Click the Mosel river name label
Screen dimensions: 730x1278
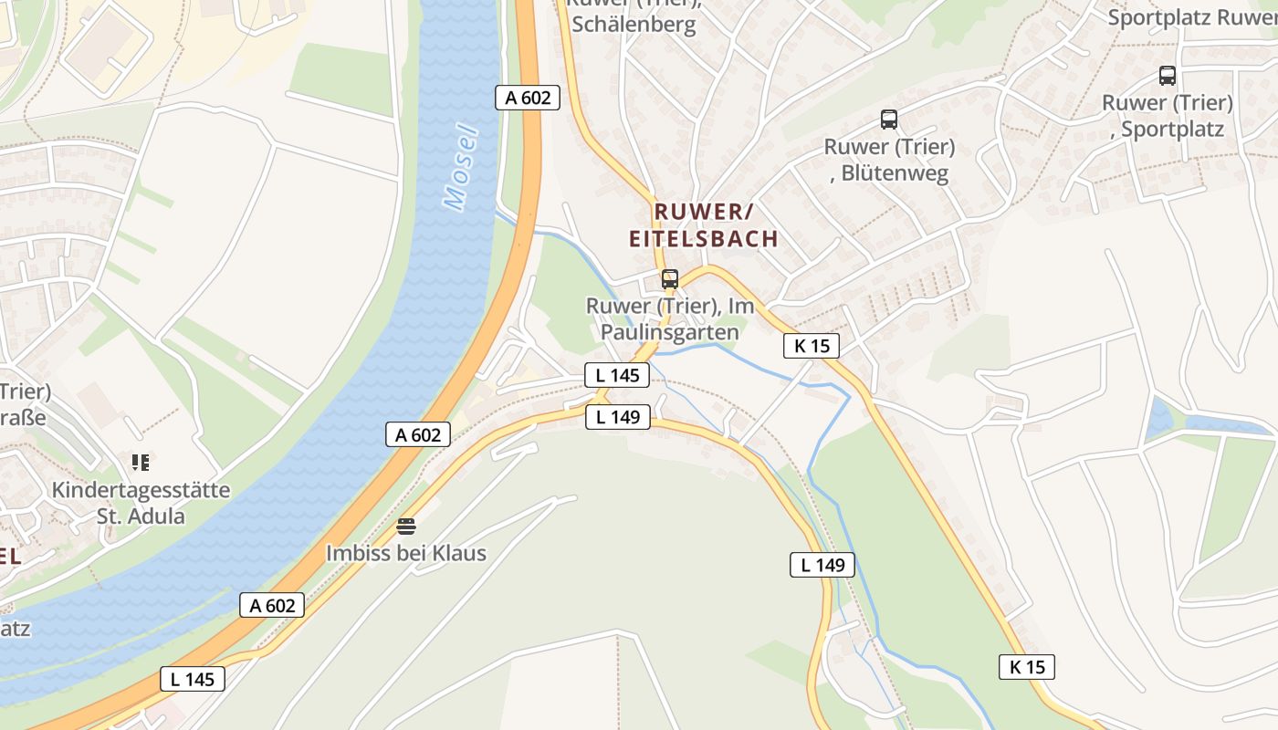tap(464, 167)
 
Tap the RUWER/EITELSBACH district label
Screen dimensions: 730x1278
tap(703, 225)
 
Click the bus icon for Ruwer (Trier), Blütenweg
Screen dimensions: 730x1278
tap(889, 120)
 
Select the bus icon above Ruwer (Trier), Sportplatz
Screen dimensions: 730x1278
tap(1167, 76)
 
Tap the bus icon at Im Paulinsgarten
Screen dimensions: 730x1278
tap(670, 279)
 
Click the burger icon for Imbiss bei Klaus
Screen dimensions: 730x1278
tap(406, 527)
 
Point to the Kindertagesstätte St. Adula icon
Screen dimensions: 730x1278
tap(140, 463)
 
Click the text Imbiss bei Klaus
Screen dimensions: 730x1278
tap(406, 553)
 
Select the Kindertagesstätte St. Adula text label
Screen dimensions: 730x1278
tap(141, 503)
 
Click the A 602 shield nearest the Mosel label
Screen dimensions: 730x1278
tap(528, 98)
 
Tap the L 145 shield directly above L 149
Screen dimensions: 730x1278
tap(618, 374)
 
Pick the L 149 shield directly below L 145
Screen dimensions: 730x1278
tap(618, 417)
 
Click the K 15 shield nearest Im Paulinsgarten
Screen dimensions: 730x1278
tap(811, 346)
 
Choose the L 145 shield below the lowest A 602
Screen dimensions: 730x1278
tap(193, 678)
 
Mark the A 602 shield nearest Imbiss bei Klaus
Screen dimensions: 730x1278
tap(418, 435)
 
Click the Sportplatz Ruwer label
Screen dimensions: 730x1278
tap(1191, 17)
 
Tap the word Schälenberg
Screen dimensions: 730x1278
tap(634, 25)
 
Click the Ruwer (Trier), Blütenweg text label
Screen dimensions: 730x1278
tap(889, 160)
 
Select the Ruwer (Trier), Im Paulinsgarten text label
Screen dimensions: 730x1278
tap(670, 319)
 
